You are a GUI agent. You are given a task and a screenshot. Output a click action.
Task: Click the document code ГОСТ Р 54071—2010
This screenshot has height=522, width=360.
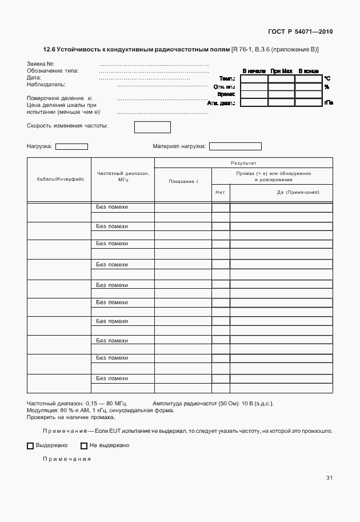(x=299, y=31)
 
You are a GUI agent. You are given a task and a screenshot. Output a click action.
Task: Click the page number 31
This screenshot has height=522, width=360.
(x=329, y=478)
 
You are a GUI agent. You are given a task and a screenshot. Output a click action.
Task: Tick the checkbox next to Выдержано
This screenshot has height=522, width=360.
(x=30, y=445)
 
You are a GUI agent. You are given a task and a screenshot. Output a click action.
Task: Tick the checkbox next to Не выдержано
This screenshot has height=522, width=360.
(x=84, y=445)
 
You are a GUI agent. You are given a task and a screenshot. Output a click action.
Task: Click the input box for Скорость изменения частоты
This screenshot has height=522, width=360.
(x=152, y=127)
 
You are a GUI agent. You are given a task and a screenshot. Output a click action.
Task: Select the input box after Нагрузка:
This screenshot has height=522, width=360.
(x=71, y=146)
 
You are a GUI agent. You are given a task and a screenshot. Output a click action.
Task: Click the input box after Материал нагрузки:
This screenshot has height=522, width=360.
(x=235, y=146)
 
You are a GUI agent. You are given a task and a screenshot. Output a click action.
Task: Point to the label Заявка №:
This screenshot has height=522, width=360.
(x=41, y=63)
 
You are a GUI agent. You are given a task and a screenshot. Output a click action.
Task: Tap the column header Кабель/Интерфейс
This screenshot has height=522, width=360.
(x=60, y=179)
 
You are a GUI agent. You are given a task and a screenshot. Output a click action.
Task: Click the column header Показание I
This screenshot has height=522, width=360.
(x=183, y=181)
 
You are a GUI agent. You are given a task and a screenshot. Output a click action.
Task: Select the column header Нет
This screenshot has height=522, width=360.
(x=221, y=192)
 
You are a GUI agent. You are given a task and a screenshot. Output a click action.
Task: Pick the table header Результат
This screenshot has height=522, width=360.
(x=243, y=163)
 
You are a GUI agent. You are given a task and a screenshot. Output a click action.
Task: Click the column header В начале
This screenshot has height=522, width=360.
(x=254, y=71)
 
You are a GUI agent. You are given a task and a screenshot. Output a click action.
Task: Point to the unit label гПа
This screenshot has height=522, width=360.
(x=329, y=103)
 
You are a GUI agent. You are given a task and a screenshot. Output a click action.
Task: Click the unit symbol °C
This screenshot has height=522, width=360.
(x=327, y=78)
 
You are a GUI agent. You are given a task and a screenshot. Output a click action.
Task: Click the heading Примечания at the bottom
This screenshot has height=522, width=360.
(x=67, y=459)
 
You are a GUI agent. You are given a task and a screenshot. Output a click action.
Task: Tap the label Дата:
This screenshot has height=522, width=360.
(x=34, y=77)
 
